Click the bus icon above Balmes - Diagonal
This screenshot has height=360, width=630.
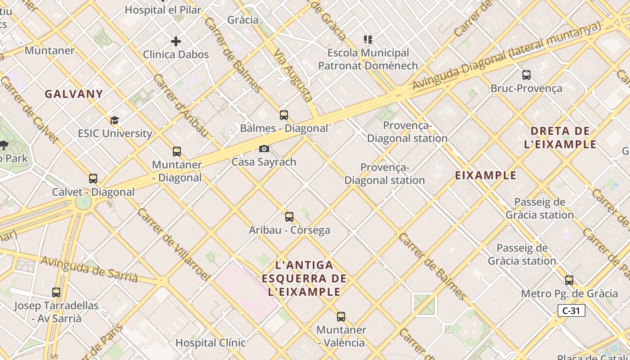pos(283,115)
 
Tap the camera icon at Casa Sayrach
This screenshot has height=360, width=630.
pos(264,148)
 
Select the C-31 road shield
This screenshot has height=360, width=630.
pos(571,310)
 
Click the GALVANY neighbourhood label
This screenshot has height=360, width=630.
pos(74,94)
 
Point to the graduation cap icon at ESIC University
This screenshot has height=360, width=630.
pos(115,120)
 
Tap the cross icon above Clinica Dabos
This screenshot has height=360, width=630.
pos(176,41)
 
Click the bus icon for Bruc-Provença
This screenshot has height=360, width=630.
pos(526,75)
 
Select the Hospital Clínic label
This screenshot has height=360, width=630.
pos(210,342)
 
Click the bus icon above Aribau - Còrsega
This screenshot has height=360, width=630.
pos(289,217)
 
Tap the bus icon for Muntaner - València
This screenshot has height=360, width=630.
pos(341,316)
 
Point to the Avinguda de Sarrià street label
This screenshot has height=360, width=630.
pos(89,269)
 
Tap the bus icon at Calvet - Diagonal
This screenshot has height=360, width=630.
pos(93,179)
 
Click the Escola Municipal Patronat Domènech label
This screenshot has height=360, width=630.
pos(368,59)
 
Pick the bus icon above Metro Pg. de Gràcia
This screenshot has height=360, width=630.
pos(569,280)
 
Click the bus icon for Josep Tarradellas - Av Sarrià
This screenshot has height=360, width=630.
pos(56,292)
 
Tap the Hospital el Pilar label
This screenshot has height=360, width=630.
pos(162,9)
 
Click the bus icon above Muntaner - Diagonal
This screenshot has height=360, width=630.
pos(177,152)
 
